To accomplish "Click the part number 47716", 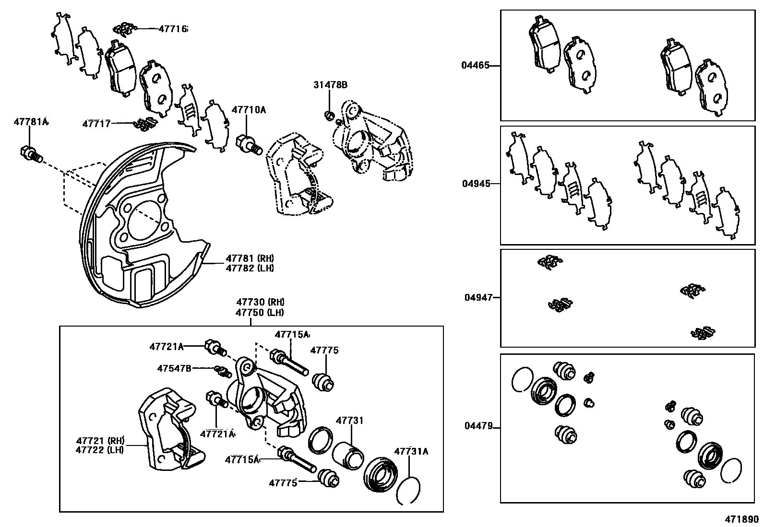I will pyautogui.click(x=173, y=29).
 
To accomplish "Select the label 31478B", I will pyautogui.click(x=330, y=85).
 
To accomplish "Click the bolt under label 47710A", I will pyautogui.click(x=248, y=143).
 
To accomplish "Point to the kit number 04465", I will pyautogui.click(x=475, y=65).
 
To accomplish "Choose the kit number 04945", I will pyautogui.click(x=476, y=183).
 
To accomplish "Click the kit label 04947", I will pyautogui.click(x=478, y=297).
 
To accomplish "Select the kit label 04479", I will pyautogui.click(x=478, y=426).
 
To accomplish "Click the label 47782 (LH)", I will pyautogui.click(x=250, y=268).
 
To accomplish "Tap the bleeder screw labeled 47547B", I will pyautogui.click(x=221, y=371).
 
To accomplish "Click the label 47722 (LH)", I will pyautogui.click(x=100, y=450).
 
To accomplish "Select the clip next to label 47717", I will pyautogui.click(x=144, y=124).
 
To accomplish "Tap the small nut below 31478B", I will pyautogui.click(x=329, y=116).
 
